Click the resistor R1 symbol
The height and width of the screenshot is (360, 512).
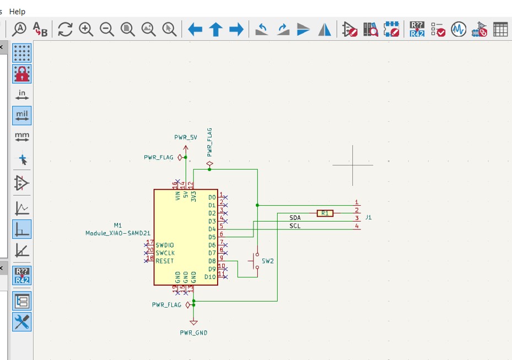coord(325,213)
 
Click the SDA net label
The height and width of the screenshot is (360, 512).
coord(295,218)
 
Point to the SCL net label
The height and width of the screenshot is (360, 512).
coord(295,226)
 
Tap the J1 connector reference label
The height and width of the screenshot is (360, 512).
coord(369,217)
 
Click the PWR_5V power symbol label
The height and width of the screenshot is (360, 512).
coord(186,136)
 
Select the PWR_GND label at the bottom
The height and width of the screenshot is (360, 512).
coord(193,332)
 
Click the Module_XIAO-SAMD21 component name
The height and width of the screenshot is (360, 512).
coord(118,233)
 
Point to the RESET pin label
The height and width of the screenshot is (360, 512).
coord(165,261)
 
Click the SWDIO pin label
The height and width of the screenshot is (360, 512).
coord(165,245)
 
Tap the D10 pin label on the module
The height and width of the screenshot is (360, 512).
coord(210,277)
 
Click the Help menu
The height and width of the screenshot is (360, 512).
coord(18,11)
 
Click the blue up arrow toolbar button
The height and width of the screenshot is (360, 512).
coord(215,29)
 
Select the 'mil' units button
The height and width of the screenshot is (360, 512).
coord(22,116)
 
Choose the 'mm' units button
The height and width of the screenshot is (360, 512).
coord(22,136)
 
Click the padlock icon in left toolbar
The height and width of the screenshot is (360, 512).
coord(22,73)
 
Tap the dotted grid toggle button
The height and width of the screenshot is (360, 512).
coord(22,53)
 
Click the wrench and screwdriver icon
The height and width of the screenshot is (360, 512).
coord(22,321)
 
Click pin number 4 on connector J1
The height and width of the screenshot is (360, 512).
coord(357,226)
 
